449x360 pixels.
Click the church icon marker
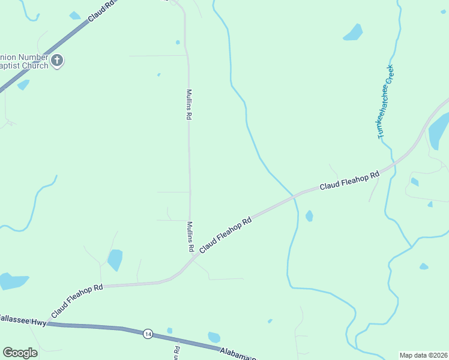(57, 60)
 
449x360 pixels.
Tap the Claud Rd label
(100, 11)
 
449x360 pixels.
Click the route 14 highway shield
(148, 334)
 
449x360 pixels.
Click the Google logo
(20, 353)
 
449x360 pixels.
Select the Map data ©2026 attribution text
(423, 355)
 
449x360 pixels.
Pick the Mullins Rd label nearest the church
(188, 105)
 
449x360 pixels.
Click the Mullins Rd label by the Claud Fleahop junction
(190, 236)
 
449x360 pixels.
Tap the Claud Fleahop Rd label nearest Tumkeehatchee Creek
(349, 181)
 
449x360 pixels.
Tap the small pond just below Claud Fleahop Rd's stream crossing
(309, 215)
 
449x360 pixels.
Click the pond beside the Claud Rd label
(74, 16)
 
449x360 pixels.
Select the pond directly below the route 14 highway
(214, 337)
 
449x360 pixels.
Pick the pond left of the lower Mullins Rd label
(115, 260)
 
